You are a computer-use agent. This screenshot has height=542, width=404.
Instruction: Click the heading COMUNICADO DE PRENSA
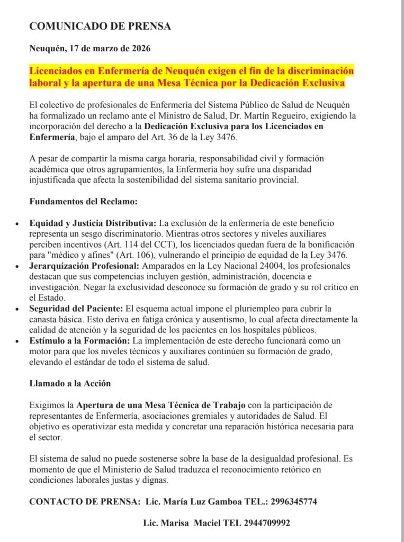[x=100, y=26]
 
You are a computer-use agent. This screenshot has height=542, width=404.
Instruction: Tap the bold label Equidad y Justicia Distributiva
[x=93, y=223]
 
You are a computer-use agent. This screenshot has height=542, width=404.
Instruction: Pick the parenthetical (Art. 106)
[x=137, y=255]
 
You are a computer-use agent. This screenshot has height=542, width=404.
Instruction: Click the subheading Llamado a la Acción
[x=70, y=383]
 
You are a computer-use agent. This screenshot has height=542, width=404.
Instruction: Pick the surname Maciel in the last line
[x=209, y=523]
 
